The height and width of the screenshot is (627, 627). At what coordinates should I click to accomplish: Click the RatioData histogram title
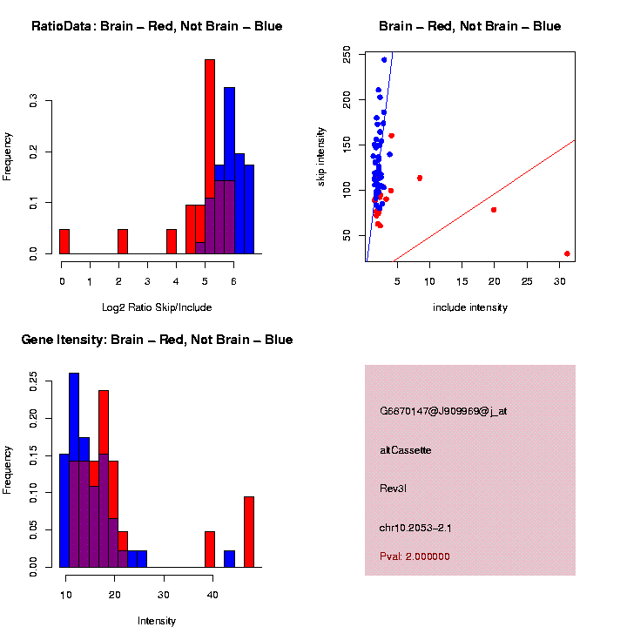157,26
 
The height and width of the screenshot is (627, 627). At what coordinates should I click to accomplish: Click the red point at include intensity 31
567,253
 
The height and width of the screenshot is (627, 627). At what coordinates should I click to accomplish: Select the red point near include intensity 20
494,210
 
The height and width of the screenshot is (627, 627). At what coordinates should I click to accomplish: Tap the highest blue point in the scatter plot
384,60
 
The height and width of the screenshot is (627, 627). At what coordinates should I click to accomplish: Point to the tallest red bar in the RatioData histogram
209,157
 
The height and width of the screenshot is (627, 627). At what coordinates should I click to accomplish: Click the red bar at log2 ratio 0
64,241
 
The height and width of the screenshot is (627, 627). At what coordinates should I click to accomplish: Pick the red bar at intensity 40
210,549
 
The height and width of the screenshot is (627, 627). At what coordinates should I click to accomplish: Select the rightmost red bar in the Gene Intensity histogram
249,532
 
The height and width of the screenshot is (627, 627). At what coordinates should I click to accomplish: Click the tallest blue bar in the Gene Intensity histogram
74,470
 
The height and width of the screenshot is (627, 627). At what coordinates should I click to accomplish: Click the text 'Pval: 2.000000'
415,556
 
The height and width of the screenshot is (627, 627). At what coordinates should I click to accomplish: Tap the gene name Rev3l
393,489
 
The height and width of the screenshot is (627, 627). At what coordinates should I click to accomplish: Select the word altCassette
406,450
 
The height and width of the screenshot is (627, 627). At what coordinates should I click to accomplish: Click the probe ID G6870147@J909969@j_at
443,411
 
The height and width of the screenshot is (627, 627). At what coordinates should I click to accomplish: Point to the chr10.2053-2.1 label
415,528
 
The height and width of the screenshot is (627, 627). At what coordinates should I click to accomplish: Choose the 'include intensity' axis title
470,307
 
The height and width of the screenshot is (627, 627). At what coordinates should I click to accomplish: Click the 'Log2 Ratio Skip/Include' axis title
158,307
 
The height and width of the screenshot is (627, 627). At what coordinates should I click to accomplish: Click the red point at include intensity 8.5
420,178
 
